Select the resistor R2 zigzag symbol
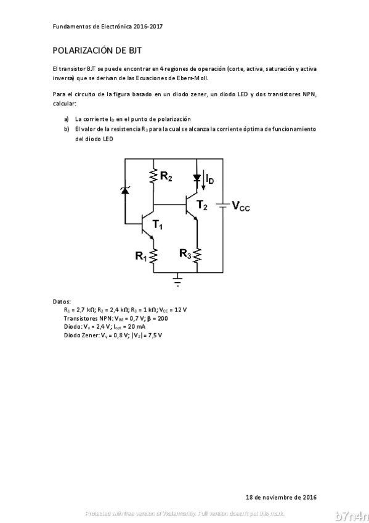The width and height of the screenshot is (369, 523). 153,177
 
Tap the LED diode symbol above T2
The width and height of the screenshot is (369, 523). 197,178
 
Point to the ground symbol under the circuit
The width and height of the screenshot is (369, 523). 179,281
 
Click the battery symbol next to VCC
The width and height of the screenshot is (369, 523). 223,205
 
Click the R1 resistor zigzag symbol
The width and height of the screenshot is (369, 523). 153,255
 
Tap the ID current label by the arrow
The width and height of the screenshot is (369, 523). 210,180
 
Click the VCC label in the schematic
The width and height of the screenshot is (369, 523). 241,206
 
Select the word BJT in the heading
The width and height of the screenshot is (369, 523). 136,51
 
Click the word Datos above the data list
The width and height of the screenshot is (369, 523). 62,302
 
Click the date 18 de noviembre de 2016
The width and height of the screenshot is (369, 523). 281,496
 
